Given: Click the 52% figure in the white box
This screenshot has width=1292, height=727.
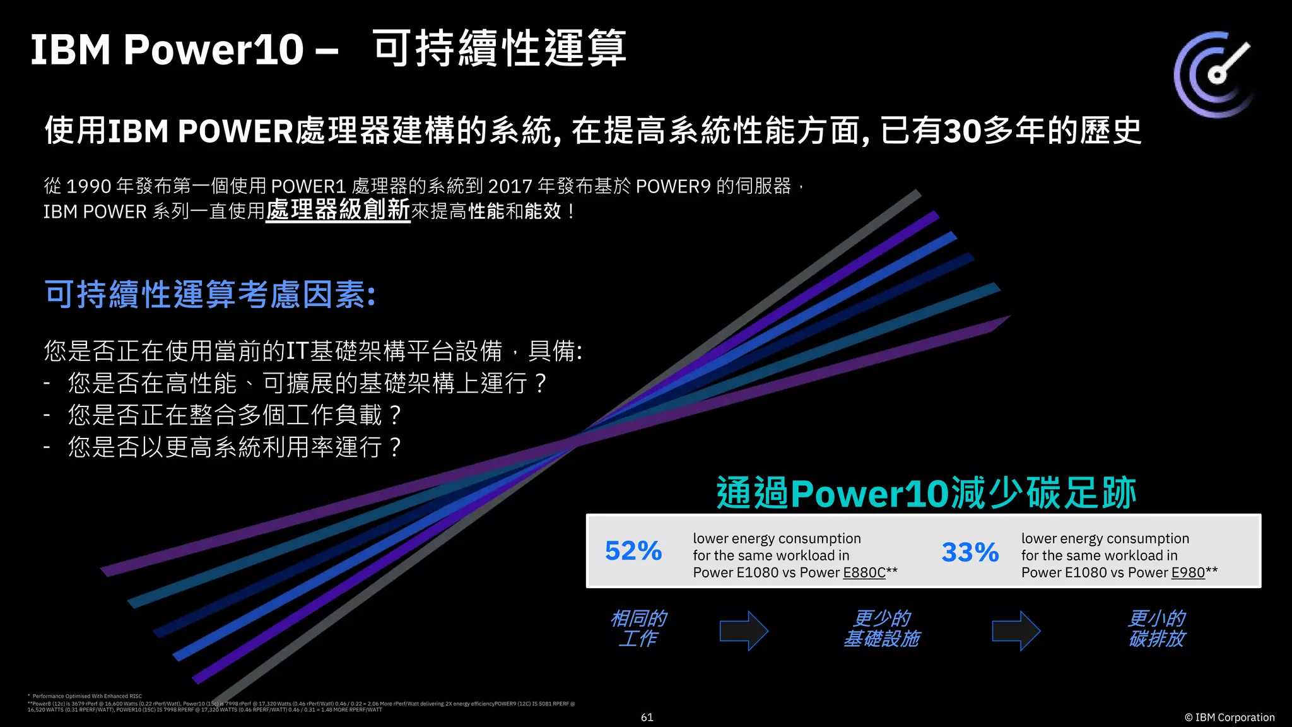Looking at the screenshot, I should [x=633, y=551].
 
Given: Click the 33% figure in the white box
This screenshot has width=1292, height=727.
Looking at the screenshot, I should [x=970, y=553].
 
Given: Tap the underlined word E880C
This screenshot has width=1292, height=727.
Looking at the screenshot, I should [x=864, y=572].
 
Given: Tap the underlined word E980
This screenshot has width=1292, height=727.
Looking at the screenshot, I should [x=1188, y=572].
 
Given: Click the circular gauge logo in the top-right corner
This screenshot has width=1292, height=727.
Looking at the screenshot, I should [x=1214, y=74].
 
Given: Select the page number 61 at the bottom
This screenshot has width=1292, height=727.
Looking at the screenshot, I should [x=647, y=718].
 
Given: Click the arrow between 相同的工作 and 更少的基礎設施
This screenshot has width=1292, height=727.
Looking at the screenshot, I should [x=743, y=630].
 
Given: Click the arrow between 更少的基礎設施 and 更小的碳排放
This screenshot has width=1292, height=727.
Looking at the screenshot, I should [x=1015, y=630].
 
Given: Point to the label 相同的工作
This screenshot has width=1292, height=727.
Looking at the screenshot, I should [x=638, y=629].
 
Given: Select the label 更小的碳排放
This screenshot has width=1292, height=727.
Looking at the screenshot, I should [x=1156, y=629].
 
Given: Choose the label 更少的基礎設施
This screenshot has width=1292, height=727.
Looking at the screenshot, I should [x=881, y=629].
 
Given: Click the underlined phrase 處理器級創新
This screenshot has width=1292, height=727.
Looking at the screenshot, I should [x=338, y=210].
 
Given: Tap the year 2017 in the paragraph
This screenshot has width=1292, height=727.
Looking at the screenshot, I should [x=510, y=186].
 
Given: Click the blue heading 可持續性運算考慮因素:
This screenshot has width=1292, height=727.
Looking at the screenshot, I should [x=210, y=295].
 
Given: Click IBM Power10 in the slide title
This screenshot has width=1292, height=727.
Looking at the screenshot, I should [x=167, y=49].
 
